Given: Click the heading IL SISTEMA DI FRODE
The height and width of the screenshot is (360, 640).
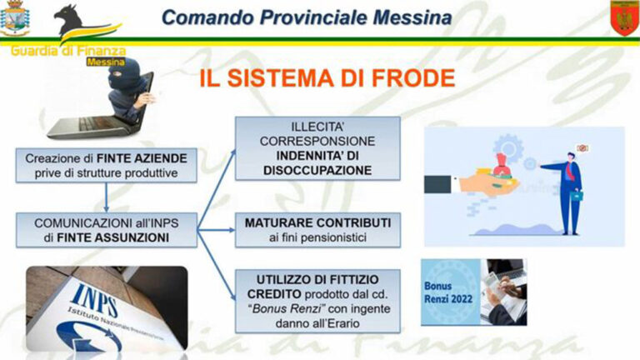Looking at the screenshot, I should pos(327,78).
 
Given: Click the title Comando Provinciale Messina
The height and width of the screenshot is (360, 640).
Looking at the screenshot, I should pos(307,17).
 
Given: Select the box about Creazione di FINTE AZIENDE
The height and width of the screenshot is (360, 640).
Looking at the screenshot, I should pos(106,165).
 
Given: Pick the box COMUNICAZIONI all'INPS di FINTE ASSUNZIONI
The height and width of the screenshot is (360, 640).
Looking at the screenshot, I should pos(106,230).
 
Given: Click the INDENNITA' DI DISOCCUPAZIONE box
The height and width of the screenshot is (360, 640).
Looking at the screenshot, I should pos(317,148).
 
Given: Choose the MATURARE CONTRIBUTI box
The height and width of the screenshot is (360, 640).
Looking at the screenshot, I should pos(317,230).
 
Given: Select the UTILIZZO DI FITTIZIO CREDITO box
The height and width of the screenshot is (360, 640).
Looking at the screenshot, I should pos(317,300).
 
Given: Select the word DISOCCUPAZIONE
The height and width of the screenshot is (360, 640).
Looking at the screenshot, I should pos(317,169).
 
